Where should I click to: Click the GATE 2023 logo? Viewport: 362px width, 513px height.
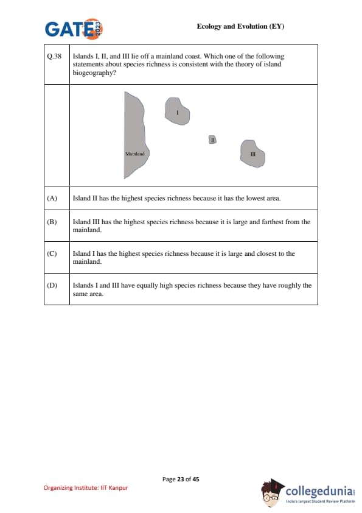coord(74,29)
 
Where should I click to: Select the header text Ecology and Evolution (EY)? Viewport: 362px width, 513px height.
coord(240,26)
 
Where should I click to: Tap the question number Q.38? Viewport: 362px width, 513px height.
coord(54,56)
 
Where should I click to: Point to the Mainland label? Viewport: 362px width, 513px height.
coord(135,154)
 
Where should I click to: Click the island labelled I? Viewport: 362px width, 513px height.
coord(177,111)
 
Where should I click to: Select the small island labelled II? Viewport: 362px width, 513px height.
coord(213,140)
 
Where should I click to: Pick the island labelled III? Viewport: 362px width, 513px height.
coord(252,154)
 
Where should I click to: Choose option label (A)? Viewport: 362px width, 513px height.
coord(52,198)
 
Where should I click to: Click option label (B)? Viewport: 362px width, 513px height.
coord(52,222)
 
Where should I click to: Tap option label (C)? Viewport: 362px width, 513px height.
coord(52,253)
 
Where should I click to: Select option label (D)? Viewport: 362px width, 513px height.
coord(52,285)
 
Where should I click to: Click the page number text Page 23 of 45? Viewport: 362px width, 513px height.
coord(181,479)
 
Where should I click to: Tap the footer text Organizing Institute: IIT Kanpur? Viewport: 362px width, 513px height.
coord(86,488)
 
